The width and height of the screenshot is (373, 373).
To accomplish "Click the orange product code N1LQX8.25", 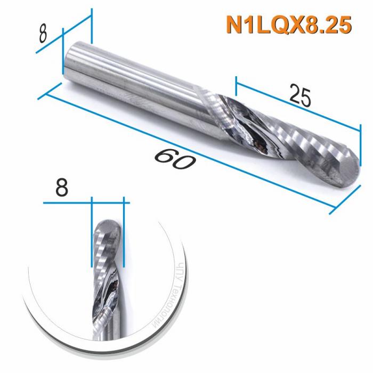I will tap(288, 25).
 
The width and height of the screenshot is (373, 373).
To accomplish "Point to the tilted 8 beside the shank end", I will tap(44, 34).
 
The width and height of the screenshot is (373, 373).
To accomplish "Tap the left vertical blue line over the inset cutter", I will tap(92, 234).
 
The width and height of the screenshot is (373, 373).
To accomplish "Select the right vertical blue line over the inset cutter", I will tap(123, 234).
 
